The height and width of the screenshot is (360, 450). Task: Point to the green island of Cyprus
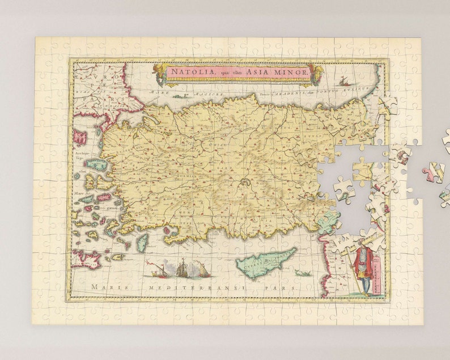pyautogui.click(x=265, y=262)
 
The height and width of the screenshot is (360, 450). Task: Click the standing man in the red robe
pyautogui.click(x=363, y=269)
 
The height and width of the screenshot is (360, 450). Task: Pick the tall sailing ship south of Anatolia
pyautogui.click(x=182, y=268)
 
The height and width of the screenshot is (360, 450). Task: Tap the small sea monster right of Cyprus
pyautogui.click(x=303, y=273)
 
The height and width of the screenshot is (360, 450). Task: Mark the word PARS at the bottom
pyautogui.click(x=283, y=288)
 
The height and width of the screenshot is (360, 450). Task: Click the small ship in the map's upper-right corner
pyautogui.click(x=343, y=82)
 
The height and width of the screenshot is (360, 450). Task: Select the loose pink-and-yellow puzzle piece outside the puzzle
pyautogui.click(x=434, y=172)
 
